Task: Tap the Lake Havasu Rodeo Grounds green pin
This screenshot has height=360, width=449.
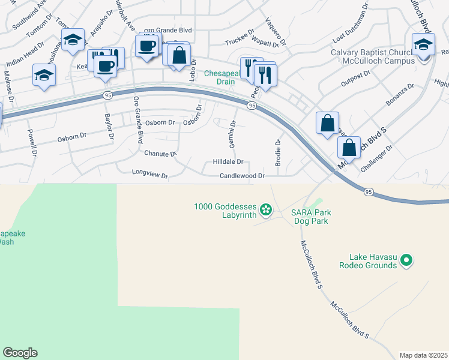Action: pos(406,260)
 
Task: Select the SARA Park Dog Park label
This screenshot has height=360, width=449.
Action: pos(311,217)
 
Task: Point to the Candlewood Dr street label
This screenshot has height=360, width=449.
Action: pos(242,176)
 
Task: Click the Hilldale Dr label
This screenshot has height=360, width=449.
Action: pos(228,162)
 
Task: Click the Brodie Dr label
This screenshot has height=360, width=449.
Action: pos(278,153)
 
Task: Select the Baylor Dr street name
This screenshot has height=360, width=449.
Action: pos(109,127)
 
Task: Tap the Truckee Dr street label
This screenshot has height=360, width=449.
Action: pos(240,42)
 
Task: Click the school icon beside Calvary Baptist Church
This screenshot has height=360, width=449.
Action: pos(423,44)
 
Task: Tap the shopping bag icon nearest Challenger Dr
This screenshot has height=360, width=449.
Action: pos(349,147)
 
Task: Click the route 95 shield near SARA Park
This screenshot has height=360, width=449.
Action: pos(369,192)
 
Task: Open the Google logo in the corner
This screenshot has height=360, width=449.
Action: pos(20,353)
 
